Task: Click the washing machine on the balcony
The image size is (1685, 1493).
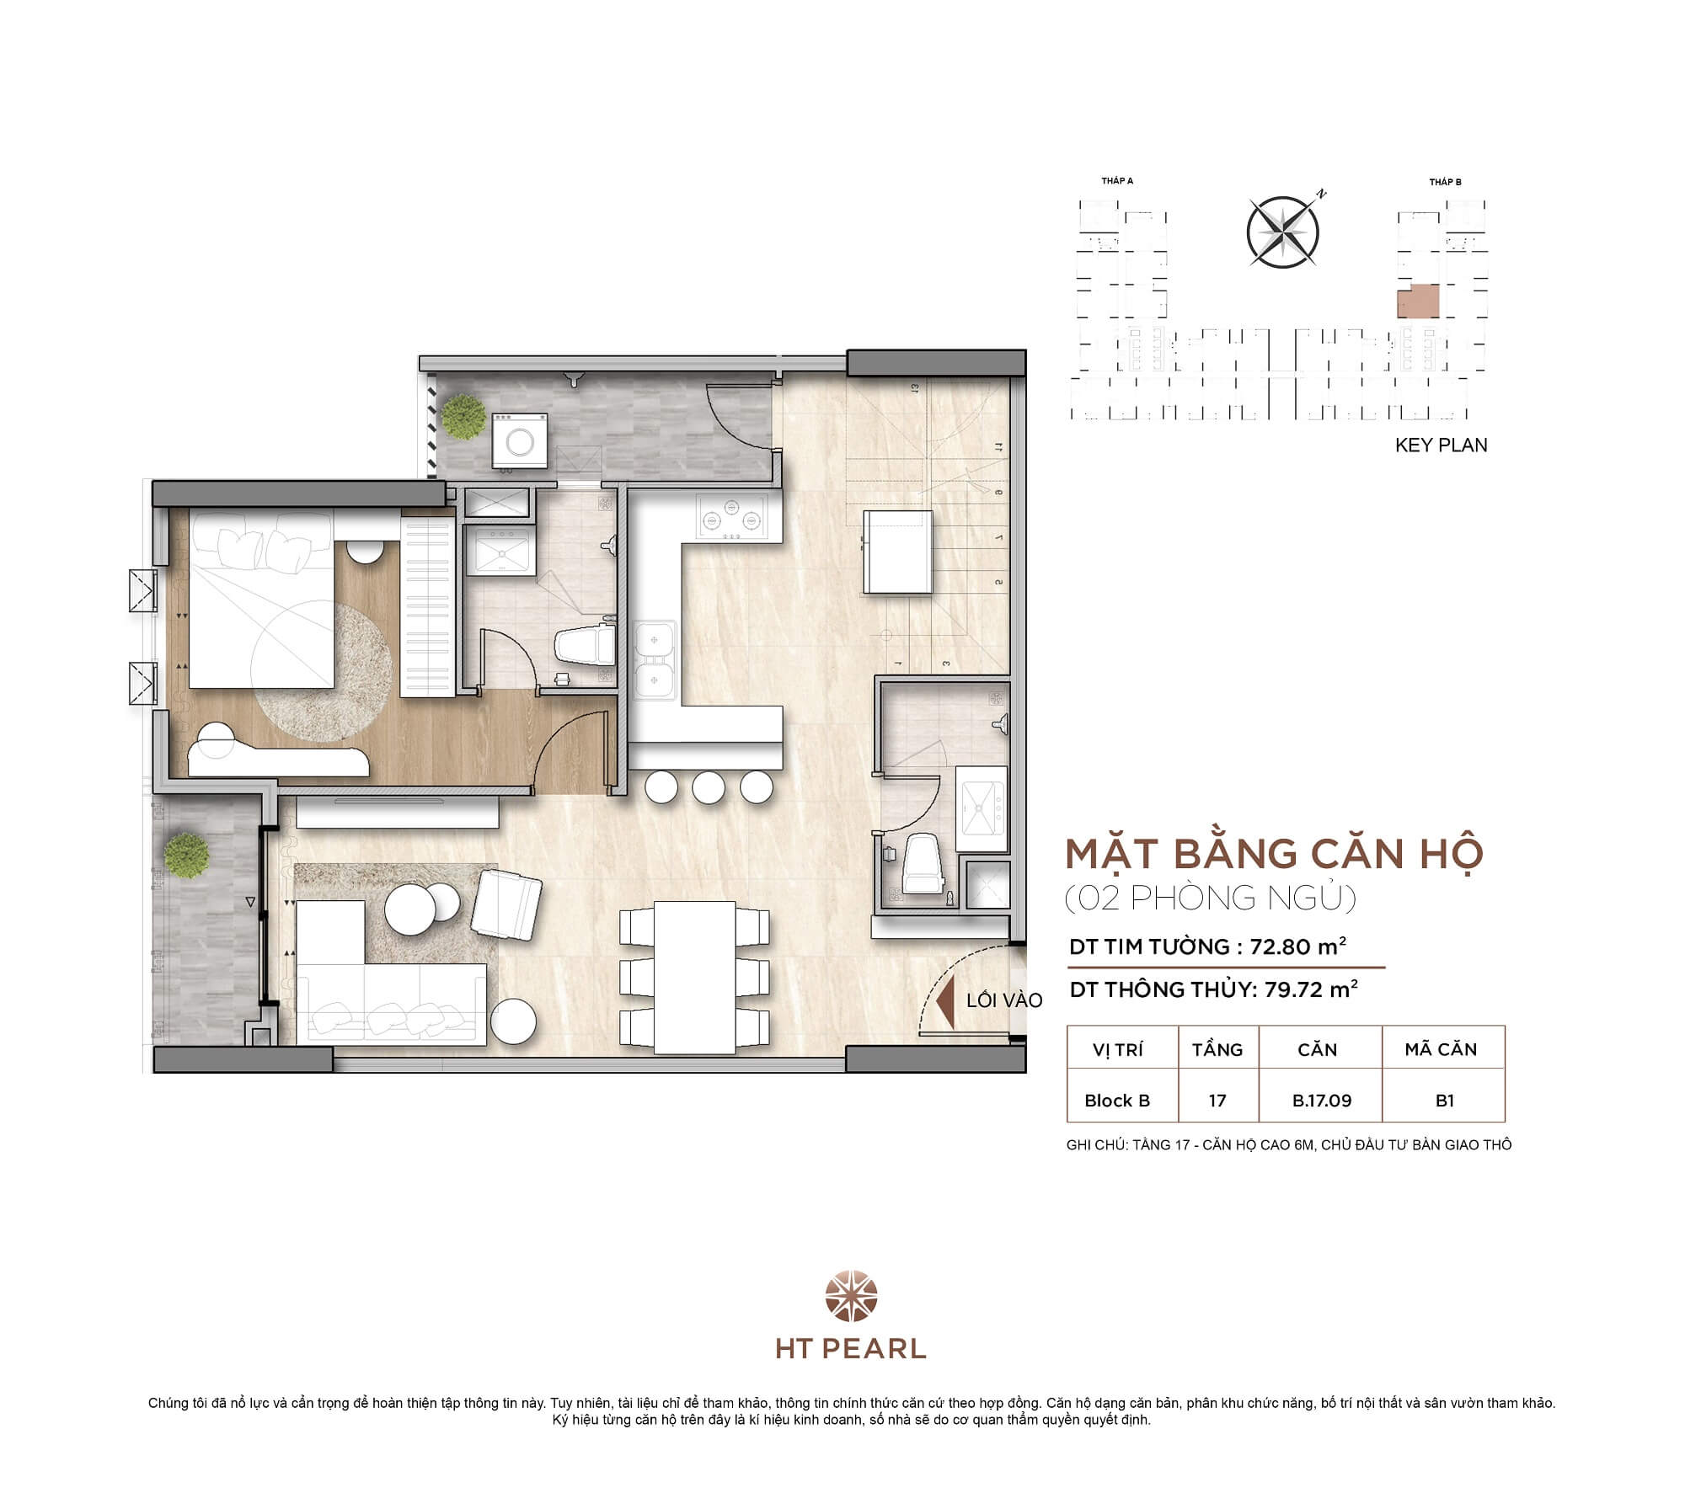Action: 518,439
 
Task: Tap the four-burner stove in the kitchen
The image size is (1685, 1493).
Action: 730,516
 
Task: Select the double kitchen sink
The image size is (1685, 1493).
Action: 655,659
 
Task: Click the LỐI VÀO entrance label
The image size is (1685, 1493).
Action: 1004,1000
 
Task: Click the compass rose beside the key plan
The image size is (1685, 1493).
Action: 1282,232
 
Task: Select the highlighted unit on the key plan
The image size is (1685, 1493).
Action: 1418,301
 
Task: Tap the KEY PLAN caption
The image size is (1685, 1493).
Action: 1441,445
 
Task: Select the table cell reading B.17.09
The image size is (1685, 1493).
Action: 1321,1101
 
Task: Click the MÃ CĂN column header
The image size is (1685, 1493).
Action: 1441,1049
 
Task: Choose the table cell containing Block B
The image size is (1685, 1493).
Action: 1117,1101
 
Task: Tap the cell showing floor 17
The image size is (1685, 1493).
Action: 1217,1101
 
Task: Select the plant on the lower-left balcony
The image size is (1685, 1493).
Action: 186,855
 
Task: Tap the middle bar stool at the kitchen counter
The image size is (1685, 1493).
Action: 709,787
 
